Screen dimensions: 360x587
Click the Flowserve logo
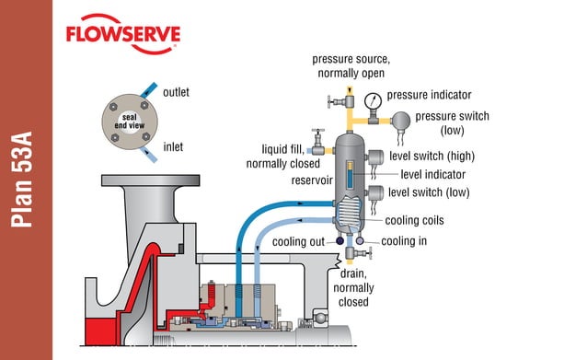click(x=122, y=34)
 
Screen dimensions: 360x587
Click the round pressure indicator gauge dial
click(x=371, y=99)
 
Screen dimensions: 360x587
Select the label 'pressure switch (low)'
click(x=452, y=122)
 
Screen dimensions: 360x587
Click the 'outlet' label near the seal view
click(x=177, y=93)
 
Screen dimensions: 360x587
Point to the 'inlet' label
click(x=172, y=146)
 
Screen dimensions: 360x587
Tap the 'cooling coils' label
click(x=415, y=220)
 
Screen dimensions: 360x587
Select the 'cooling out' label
click(x=304, y=242)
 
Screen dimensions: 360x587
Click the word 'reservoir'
click(x=311, y=180)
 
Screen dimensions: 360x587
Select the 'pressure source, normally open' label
click(x=351, y=64)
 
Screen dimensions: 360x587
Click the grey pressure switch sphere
click(x=402, y=120)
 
